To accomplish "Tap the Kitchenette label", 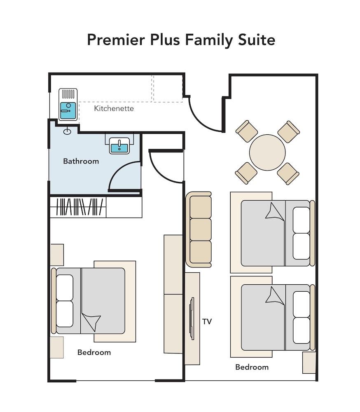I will (x=114, y=109).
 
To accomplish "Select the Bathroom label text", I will (x=81, y=161).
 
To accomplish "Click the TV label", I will (x=207, y=321).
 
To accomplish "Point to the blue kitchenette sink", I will (x=68, y=108).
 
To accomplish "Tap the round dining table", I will (x=267, y=152).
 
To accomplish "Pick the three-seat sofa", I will (x=199, y=229).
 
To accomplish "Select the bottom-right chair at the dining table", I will (x=288, y=173).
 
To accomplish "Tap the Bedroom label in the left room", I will (x=94, y=353).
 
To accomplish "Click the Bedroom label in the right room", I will (x=252, y=367).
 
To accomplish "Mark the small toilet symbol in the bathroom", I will (x=68, y=131).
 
